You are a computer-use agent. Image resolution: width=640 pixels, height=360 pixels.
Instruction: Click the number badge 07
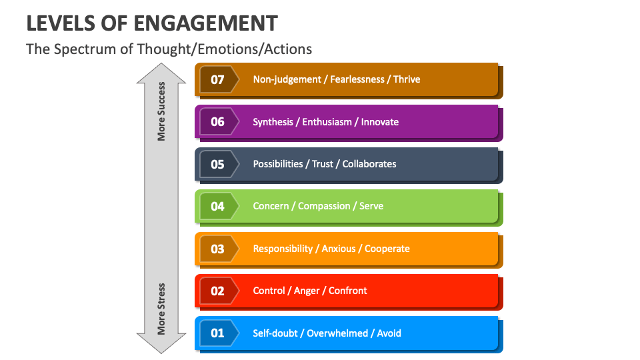tap(218, 79)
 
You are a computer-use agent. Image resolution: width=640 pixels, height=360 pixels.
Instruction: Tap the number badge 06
tap(218, 122)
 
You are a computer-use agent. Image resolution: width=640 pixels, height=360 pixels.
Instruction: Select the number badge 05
tap(218, 164)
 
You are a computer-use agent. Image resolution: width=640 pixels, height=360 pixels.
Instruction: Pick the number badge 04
tap(218, 206)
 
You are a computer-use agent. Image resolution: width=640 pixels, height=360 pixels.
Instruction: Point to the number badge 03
tap(218, 249)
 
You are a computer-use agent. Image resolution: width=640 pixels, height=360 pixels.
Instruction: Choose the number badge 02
tap(218, 291)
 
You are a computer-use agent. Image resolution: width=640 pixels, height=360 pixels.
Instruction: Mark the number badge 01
tap(218, 333)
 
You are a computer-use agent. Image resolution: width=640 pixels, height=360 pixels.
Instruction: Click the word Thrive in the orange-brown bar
tap(407, 79)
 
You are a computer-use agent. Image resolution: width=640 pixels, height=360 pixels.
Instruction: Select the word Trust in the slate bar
tap(323, 164)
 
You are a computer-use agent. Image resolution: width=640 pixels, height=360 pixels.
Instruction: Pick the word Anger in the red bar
tap(307, 291)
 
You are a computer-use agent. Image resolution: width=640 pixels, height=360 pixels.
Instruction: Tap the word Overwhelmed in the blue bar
tap(339, 333)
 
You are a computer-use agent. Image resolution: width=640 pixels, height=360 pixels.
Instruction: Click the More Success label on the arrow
tap(161, 111)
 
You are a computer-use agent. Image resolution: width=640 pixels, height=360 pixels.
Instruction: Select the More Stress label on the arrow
tap(161, 309)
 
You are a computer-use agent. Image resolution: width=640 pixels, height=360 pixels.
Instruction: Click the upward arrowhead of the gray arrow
tap(161, 73)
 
